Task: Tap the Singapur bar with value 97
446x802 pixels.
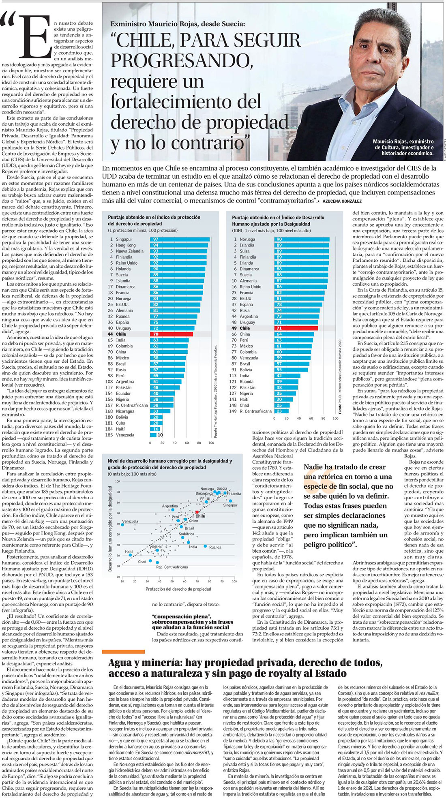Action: pyautogui.click(x=180, y=240)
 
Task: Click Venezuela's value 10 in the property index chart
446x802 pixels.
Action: pyautogui.click(x=160, y=435)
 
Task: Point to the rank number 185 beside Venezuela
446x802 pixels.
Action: pyautogui.click(x=109, y=435)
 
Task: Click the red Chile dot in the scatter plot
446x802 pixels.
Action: pyautogui.click(x=197, y=512)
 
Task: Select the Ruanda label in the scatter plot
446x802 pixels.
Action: pyautogui.click(x=215, y=547)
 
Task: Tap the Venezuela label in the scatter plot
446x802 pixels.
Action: pyautogui.click(x=130, y=521)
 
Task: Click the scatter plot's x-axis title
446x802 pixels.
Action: pyautogui.click(x=178, y=589)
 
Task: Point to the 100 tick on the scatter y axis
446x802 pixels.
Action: pyautogui.click(x=118, y=481)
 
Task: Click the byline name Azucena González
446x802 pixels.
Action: pyautogui.click(x=342, y=201)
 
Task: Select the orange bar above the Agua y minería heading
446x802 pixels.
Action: pyautogui.click(x=123, y=652)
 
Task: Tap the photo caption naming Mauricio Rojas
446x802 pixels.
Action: pyautogui.click(x=403, y=148)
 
